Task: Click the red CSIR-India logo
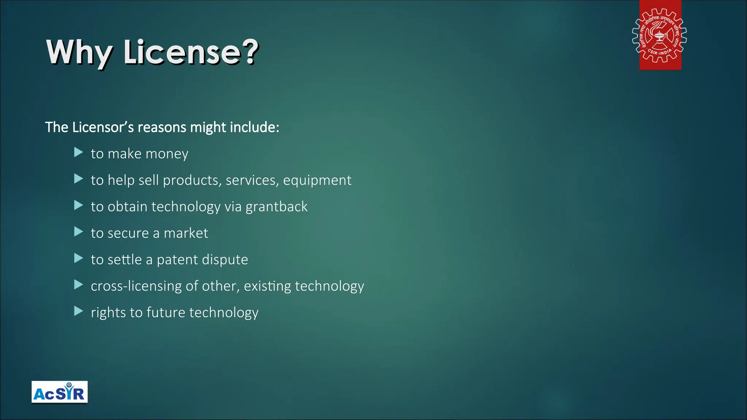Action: [660, 35]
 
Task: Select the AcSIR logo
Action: [59, 392]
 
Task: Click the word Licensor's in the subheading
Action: [103, 127]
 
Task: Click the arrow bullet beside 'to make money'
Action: [78, 152]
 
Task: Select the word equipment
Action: [317, 180]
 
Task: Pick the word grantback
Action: [276, 207]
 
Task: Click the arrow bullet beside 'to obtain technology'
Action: [78, 205]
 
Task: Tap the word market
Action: [186, 233]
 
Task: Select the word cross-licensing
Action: [136, 286]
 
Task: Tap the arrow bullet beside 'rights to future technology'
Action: [78, 311]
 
